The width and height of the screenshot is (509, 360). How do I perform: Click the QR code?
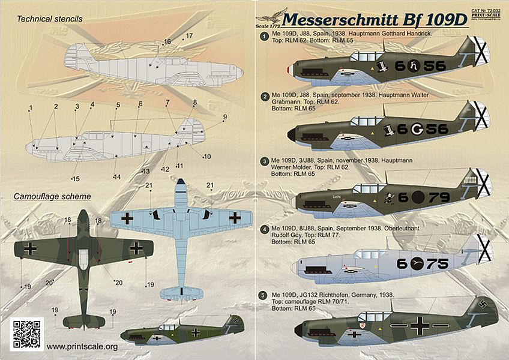[x=27, y=335]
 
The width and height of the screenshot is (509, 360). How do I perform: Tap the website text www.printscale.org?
[x=82, y=346]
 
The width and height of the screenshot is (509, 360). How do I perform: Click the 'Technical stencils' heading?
[x=50, y=19]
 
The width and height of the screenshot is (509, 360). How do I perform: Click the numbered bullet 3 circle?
[x=264, y=161]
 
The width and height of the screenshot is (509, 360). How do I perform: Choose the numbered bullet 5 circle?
[x=264, y=295]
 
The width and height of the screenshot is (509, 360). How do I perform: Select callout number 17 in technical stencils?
[x=189, y=36]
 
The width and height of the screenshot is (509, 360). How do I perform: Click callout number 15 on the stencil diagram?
[x=74, y=179]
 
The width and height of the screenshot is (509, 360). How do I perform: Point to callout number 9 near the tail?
[x=226, y=116]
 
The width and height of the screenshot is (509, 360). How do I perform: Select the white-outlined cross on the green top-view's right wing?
[x=137, y=247]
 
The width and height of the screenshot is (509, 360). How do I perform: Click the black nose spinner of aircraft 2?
[x=292, y=136]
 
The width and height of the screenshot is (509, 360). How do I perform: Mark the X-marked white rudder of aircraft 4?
[x=484, y=247]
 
